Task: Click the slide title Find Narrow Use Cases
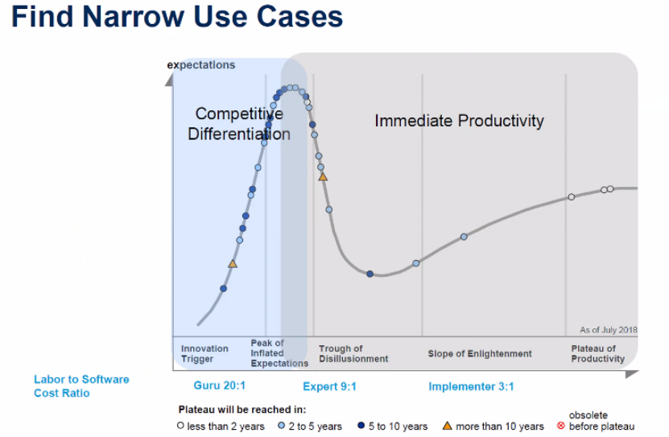(x=177, y=17)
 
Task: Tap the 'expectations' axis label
(x=201, y=65)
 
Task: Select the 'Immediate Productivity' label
(x=459, y=121)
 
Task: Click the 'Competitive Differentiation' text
(x=239, y=124)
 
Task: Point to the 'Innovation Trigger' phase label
(x=204, y=353)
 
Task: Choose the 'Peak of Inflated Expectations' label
(x=279, y=353)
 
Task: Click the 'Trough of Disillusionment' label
(x=353, y=353)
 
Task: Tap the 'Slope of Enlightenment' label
(x=480, y=353)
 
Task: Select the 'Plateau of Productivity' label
(x=597, y=353)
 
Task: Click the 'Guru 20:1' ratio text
(x=219, y=385)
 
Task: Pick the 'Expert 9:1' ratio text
(x=329, y=386)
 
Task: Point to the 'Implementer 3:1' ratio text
(x=471, y=386)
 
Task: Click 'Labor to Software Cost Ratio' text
(x=81, y=385)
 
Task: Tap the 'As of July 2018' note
(x=609, y=330)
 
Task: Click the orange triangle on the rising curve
(x=233, y=264)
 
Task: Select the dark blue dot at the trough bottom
(x=370, y=274)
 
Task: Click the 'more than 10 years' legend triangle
(x=447, y=426)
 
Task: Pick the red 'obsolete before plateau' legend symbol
(x=561, y=426)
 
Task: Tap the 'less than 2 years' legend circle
(x=180, y=426)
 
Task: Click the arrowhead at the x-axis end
(x=632, y=374)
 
